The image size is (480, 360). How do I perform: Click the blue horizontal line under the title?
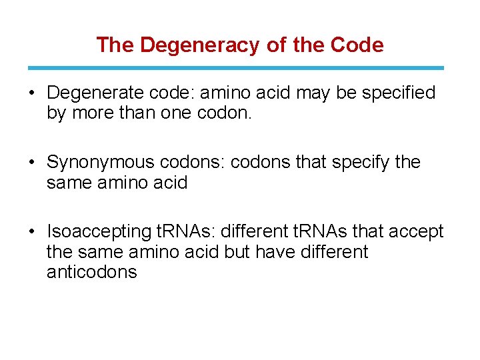(235, 68)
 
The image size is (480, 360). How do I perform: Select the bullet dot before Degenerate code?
(32, 93)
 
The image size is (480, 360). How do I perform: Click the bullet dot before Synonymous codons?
(32, 163)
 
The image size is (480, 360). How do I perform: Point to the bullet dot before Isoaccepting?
(32, 232)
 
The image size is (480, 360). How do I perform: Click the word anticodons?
(92, 272)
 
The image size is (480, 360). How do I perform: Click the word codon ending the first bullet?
(227, 113)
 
